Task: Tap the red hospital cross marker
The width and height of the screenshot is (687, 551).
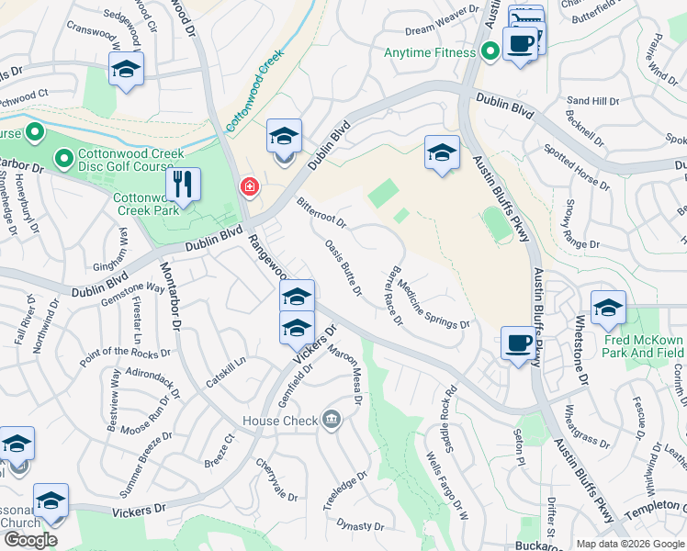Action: point(248,187)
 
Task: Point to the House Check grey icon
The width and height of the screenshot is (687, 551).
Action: point(331,421)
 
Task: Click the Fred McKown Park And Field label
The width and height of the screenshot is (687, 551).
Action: point(644,345)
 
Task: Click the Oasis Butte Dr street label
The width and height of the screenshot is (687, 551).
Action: point(343,267)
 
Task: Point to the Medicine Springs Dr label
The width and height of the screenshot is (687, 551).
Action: point(433,305)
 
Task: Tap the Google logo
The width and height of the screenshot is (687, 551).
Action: point(30,540)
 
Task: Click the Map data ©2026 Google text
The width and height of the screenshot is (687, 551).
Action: point(629,543)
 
